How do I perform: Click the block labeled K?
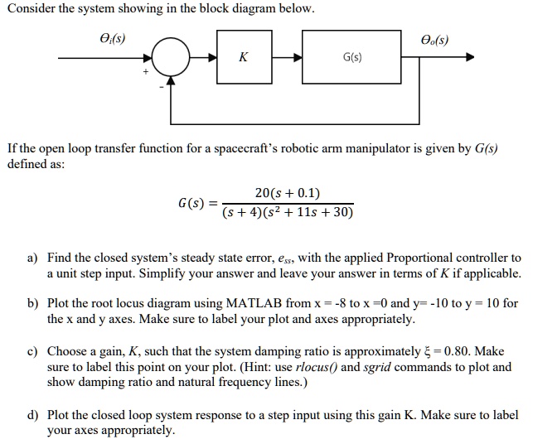click(x=243, y=58)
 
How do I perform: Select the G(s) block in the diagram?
click(x=350, y=58)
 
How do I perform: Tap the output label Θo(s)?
click(x=435, y=37)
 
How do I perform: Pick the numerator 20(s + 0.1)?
click(x=287, y=193)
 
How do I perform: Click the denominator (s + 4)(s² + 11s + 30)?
click(x=287, y=212)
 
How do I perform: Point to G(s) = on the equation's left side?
click(x=198, y=203)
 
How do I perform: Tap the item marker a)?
click(x=32, y=258)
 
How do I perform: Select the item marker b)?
click(x=32, y=304)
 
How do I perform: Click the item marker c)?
click(x=32, y=351)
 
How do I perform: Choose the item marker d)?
click(x=32, y=415)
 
